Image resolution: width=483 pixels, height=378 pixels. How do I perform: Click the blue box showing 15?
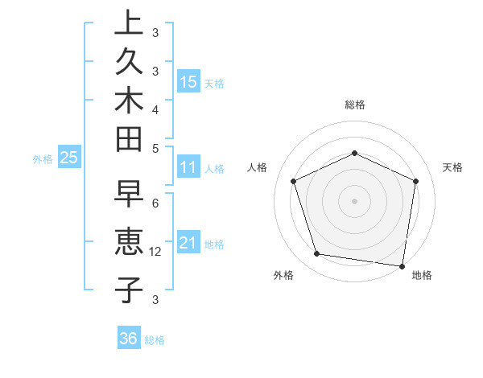(188, 82)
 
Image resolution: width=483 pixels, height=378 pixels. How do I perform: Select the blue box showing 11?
(188, 168)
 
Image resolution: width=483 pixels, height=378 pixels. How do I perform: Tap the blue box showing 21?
(188, 243)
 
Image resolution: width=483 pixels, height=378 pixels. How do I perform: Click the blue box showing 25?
(69, 158)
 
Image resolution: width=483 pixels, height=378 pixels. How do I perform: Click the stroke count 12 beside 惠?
(156, 252)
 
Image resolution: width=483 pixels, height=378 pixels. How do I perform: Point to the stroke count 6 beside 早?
(155, 203)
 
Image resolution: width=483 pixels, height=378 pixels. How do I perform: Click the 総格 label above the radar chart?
(354, 105)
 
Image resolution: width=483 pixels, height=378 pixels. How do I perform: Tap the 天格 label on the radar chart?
(452, 167)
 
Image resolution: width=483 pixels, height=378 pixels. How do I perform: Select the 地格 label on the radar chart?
(422, 276)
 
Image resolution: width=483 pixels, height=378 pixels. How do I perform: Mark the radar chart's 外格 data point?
(317, 254)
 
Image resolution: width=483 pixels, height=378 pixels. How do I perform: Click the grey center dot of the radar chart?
(354, 201)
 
